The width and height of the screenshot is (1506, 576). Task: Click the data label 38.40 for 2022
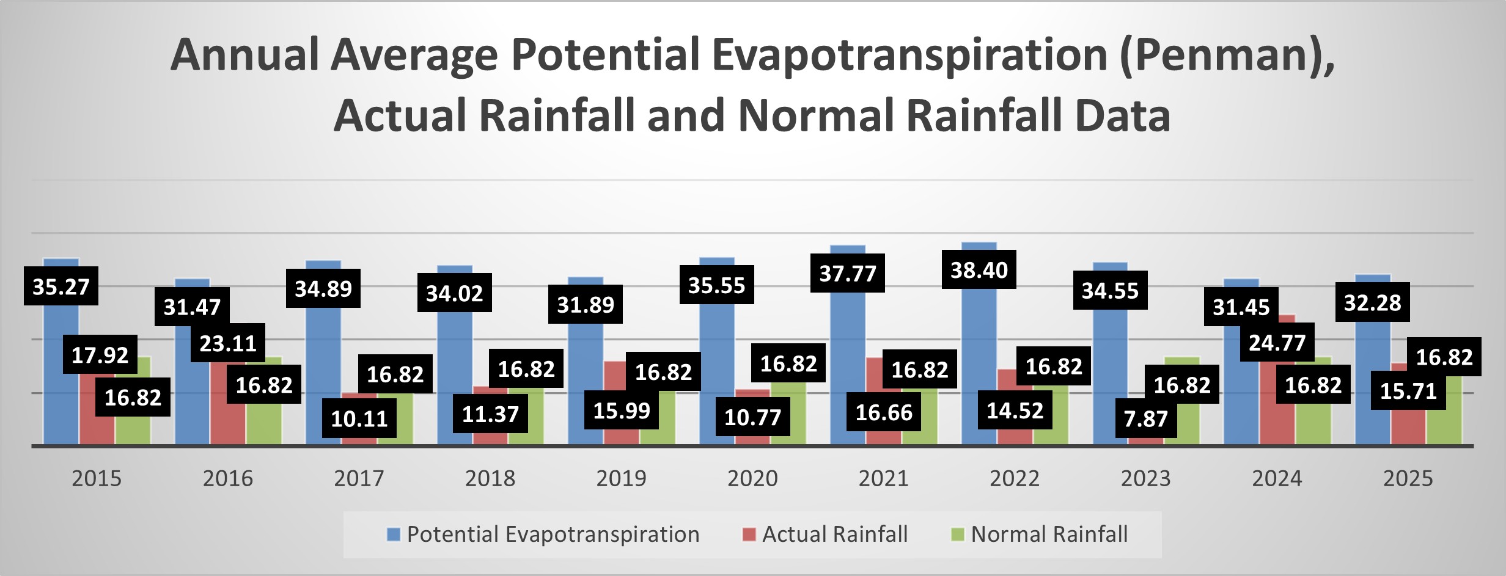click(x=979, y=269)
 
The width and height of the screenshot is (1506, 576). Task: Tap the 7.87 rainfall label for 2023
click(x=1145, y=418)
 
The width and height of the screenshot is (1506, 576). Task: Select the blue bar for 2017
click(x=323, y=366)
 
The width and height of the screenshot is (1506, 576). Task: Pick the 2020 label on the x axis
click(x=752, y=478)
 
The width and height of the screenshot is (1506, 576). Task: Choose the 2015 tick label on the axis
click(x=97, y=478)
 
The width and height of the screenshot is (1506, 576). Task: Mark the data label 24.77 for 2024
click(x=1277, y=343)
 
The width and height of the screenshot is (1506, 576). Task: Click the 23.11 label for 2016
click(x=227, y=343)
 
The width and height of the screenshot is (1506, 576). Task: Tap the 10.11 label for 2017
click(x=359, y=418)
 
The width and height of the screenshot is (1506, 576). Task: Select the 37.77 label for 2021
click(x=847, y=273)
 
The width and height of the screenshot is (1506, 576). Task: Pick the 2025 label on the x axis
click(x=1408, y=478)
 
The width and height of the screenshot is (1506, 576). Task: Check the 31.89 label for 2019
click(x=585, y=304)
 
